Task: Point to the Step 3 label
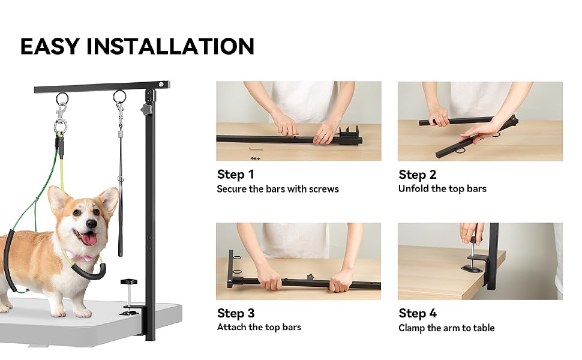tap(236, 313)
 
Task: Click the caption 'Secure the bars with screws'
tap(278, 189)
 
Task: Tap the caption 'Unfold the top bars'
tap(442, 188)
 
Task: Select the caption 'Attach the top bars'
tap(259, 327)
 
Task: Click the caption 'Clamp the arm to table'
tap(446, 328)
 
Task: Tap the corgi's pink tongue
tap(88, 239)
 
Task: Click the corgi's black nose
tap(91, 223)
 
